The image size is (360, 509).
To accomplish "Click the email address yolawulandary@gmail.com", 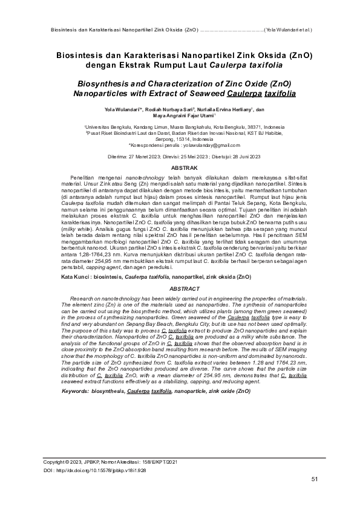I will pyautogui.click(x=205, y=145).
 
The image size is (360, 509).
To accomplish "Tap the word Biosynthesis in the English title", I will pyautogui.click(x=99, y=84).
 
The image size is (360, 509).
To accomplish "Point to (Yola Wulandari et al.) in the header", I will pyautogui.click(x=289, y=28).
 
